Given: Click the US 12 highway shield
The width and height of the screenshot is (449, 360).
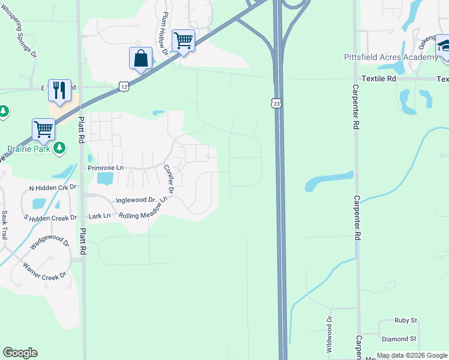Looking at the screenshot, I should pyautogui.click(x=123, y=86).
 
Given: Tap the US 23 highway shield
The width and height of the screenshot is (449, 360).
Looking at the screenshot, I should pyautogui.click(x=276, y=103).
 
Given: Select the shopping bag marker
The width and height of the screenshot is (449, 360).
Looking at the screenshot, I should pyautogui.click(x=140, y=59).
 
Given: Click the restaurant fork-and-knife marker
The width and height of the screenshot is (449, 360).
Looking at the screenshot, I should pyautogui.click(x=59, y=91).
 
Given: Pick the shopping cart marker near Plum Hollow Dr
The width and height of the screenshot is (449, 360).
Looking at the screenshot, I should pyautogui.click(x=183, y=41).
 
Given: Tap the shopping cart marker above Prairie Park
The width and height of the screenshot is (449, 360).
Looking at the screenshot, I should pyautogui.click(x=43, y=129).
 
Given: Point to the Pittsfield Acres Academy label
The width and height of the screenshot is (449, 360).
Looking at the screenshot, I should pyautogui.click(x=391, y=57).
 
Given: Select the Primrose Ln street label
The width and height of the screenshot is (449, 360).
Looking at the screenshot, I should pyautogui.click(x=105, y=168).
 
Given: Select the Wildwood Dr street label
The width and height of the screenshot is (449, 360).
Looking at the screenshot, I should pyautogui.click(x=329, y=334).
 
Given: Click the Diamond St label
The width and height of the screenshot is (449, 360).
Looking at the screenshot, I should pyautogui.click(x=399, y=338).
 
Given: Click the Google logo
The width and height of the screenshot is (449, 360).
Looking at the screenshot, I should pyautogui.click(x=20, y=353).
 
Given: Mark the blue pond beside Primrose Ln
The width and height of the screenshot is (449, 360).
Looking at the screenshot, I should pyautogui.click(x=104, y=178).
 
